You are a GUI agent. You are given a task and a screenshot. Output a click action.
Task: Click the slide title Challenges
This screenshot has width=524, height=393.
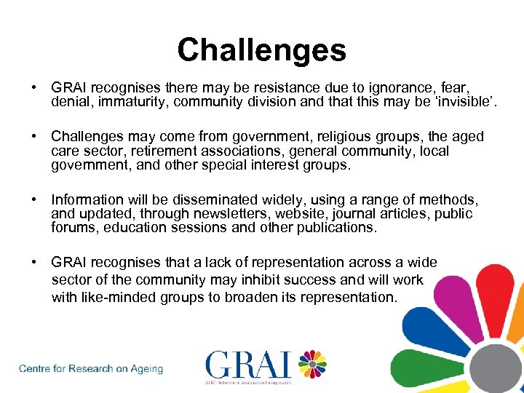point(261,50)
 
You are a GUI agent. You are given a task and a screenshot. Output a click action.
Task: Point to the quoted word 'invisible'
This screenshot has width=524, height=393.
point(466,102)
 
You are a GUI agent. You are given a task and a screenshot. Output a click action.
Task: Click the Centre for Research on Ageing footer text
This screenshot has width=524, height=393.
point(91,369)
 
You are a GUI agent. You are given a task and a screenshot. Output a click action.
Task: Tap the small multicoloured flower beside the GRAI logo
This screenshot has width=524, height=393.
point(312,364)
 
